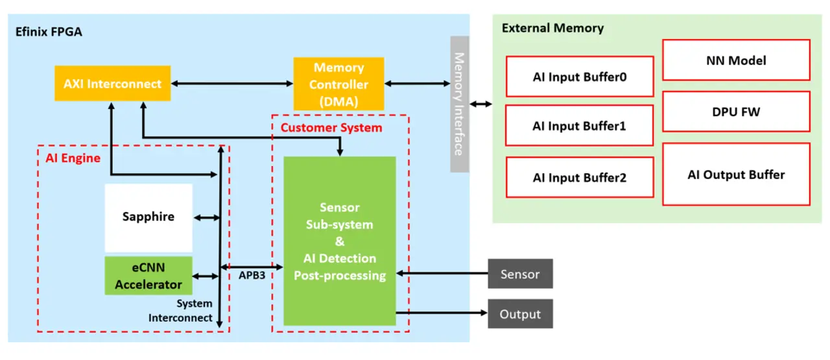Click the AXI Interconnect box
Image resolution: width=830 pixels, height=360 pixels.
(112, 83)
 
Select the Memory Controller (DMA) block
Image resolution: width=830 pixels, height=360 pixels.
(338, 84)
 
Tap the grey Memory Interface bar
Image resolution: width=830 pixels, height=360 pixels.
(459, 104)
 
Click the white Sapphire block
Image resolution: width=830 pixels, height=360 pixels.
(148, 217)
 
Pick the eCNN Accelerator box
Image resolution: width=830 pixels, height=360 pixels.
(148, 276)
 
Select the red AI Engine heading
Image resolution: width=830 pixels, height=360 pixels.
(73, 158)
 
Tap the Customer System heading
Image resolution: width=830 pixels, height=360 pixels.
(331, 128)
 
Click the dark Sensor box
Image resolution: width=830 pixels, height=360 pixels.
(520, 274)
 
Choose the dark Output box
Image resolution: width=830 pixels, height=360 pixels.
(520, 315)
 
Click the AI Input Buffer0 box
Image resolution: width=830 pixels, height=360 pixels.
(580, 77)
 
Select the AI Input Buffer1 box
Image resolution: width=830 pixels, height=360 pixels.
(580, 126)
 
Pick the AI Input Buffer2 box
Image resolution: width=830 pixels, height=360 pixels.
(580, 177)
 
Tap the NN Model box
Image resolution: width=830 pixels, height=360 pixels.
(736, 60)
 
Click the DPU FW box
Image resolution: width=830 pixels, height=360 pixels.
(736, 112)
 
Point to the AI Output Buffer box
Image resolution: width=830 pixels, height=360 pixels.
(736, 174)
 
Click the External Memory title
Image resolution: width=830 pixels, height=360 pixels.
(552, 29)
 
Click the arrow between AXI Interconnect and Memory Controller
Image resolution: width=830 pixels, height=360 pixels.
(231, 83)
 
